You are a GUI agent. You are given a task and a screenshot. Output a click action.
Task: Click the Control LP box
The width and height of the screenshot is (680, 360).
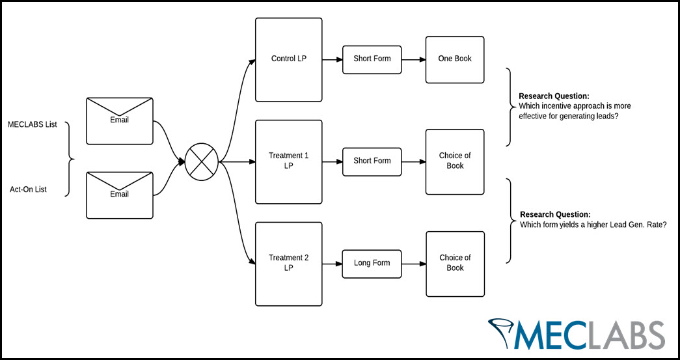tap(288, 59)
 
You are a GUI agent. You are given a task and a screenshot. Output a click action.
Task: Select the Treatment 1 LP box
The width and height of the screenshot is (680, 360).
tap(288, 161)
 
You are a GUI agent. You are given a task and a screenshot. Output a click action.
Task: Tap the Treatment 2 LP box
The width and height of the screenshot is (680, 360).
tap(288, 264)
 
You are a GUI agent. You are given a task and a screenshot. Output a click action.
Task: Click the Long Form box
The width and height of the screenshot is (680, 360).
tap(372, 264)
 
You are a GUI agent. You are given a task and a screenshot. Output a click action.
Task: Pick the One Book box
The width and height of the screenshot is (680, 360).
tap(455, 59)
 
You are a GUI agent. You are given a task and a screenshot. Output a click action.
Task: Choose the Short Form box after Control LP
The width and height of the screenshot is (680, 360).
tap(372, 59)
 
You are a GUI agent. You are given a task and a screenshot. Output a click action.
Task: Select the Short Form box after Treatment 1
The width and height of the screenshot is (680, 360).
tap(372, 161)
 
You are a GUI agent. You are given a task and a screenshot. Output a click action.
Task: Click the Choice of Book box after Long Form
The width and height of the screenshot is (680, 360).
tap(455, 264)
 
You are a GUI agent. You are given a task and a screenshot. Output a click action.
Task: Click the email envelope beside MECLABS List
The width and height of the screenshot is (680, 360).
tap(119, 121)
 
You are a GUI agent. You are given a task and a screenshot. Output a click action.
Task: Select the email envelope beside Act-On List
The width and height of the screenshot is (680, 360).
tap(119, 195)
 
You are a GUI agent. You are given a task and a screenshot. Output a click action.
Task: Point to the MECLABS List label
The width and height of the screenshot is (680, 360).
tap(33, 124)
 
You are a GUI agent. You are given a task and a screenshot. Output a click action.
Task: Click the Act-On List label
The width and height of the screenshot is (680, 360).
tap(28, 190)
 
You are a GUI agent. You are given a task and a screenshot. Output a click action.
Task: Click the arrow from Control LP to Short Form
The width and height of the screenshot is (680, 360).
tap(333, 59)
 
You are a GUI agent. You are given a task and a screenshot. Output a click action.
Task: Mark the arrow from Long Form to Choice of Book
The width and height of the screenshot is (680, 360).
tap(413, 264)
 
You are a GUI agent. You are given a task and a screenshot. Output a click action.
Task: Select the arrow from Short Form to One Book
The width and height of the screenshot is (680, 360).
tap(413, 59)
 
